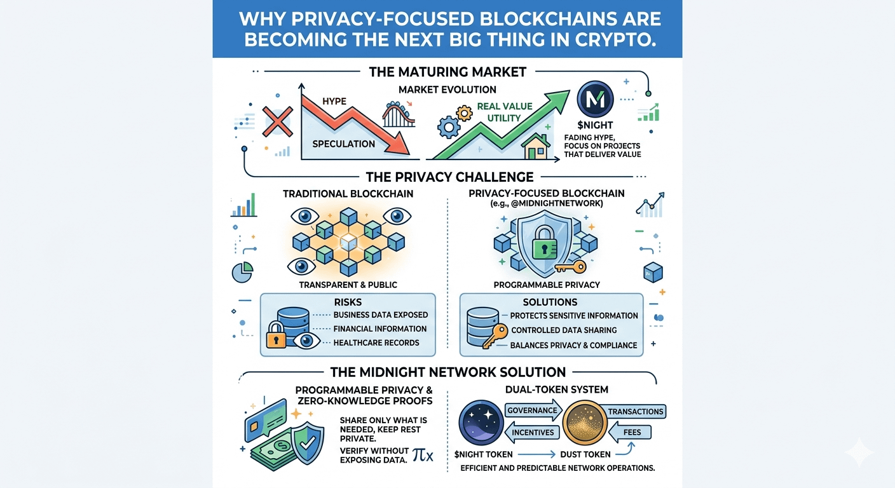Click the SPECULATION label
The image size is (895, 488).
(343, 144)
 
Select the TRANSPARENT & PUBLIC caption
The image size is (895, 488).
(348, 285)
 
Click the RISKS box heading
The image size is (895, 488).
(348, 302)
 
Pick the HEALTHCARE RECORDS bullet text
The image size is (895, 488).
(376, 342)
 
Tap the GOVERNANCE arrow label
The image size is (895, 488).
(532, 410)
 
